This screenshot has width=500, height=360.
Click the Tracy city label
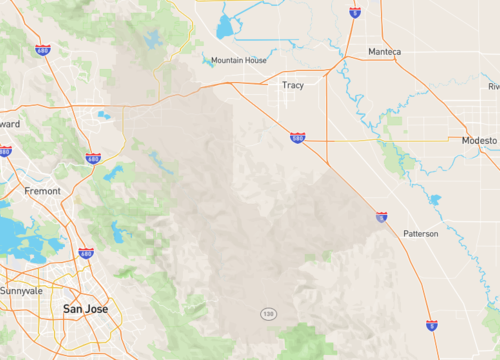[x=293, y=86]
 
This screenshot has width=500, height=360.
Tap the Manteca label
[x=384, y=52]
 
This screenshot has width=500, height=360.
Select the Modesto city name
[x=478, y=141]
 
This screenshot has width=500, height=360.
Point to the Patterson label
[x=421, y=233]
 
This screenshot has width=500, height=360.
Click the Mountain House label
[x=239, y=61]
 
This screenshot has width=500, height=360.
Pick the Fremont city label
[x=42, y=190]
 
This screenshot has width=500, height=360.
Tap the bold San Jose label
[x=85, y=309]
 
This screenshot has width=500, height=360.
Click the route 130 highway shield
[x=268, y=314]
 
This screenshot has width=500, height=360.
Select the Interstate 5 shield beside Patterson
[x=381, y=216]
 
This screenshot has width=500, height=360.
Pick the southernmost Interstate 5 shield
[x=431, y=325]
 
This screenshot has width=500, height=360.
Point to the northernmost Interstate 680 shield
[x=42, y=50]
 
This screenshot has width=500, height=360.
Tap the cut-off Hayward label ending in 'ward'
[x=9, y=124]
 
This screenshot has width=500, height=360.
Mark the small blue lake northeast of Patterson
[x=434, y=199]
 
